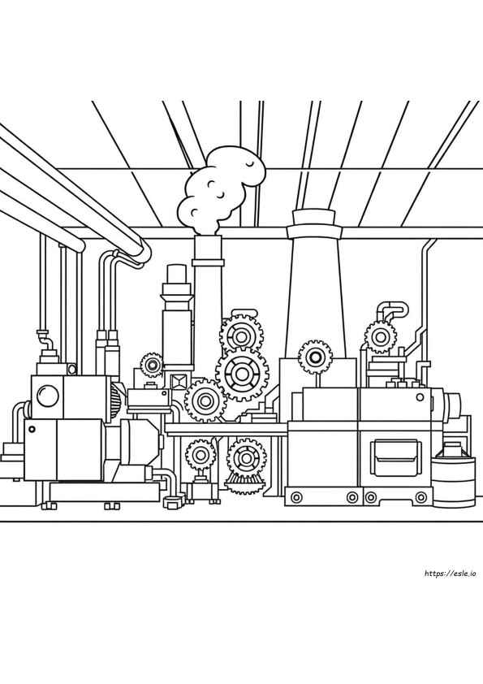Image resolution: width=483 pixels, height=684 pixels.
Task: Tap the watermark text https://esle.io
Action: click(x=450, y=574)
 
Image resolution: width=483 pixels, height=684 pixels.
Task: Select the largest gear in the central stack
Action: click(x=242, y=373)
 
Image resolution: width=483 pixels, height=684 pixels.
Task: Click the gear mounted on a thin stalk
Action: click(x=315, y=357)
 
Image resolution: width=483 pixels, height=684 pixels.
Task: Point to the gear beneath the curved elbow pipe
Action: click(x=380, y=336)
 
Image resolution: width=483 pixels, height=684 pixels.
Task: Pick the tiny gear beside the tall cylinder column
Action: click(x=152, y=365)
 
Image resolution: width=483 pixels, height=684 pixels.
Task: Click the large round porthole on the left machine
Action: click(x=47, y=396)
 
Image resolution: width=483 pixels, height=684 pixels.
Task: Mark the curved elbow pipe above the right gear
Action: click(x=394, y=309)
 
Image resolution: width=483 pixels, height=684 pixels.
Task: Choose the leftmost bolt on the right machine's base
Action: click(x=297, y=497)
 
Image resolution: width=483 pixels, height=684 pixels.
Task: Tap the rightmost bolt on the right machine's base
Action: click(x=420, y=497)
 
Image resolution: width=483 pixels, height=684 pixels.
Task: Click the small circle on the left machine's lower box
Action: click(x=32, y=429)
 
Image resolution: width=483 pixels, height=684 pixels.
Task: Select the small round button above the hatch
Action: click(x=420, y=397)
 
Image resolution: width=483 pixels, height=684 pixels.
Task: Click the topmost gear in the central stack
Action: click(x=240, y=336)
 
